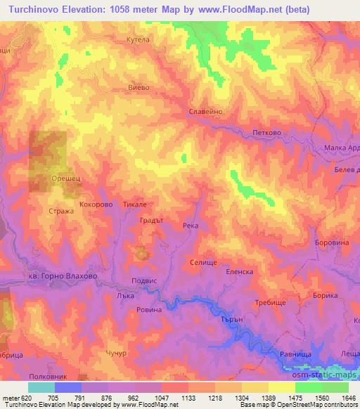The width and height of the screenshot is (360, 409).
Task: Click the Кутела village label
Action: pyautogui.click(x=138, y=40)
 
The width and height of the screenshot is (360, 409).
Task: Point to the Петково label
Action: pyautogui.click(x=266, y=131)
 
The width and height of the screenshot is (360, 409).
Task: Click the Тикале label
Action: pyautogui.click(x=134, y=204)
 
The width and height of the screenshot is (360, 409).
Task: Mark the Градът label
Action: pyautogui.click(x=152, y=220)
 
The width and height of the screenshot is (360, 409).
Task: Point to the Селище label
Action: pyautogui.click(x=203, y=261)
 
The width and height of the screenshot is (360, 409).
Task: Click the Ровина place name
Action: pyautogui.click(x=149, y=309)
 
